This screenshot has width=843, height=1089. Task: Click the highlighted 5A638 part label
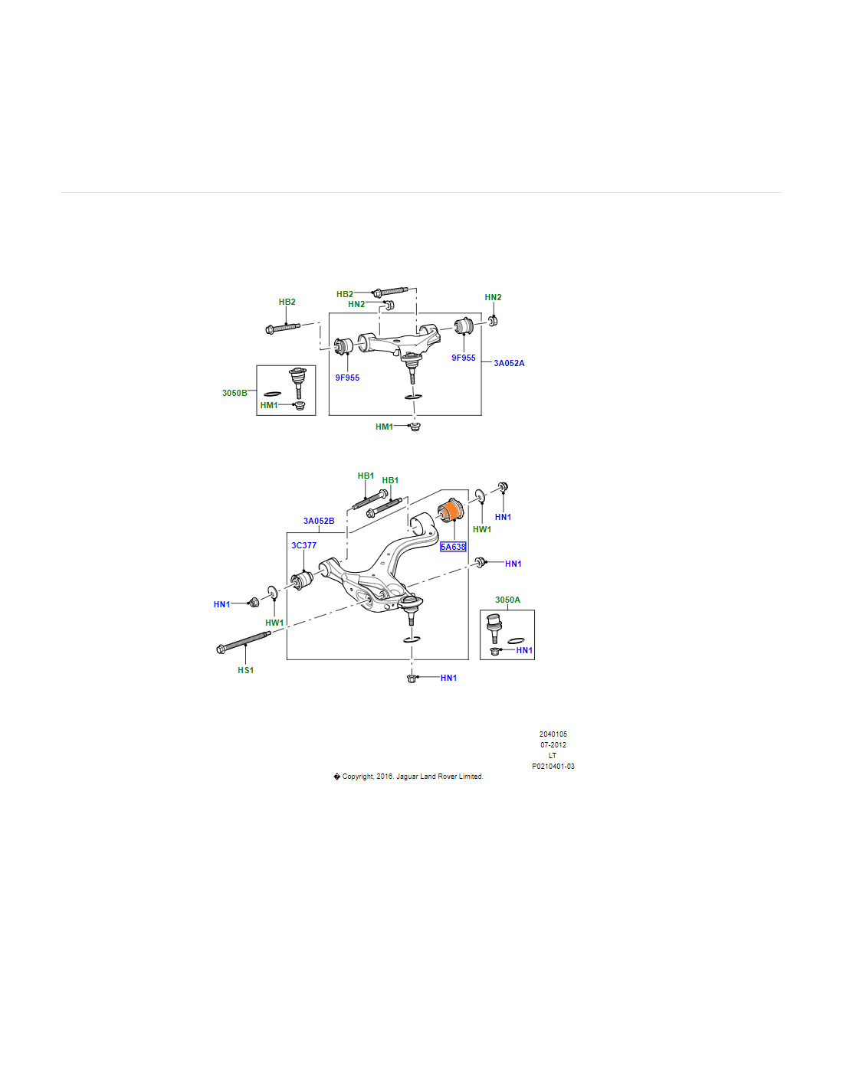[x=453, y=547]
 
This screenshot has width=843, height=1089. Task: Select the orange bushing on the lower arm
[x=452, y=508]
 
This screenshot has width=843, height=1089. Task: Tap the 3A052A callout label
[x=509, y=363]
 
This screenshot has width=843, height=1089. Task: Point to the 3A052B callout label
[x=319, y=521]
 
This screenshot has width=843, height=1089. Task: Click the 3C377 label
[x=303, y=545]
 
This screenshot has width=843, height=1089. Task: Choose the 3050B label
[x=235, y=393]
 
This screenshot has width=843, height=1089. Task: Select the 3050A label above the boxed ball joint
[x=507, y=600]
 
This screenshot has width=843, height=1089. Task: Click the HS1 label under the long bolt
[x=245, y=670]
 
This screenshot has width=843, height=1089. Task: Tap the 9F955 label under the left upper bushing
[x=347, y=378]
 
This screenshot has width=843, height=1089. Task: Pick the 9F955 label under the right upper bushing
[x=464, y=358]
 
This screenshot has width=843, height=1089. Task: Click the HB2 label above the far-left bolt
[x=287, y=302]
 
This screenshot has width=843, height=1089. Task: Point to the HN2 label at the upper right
[x=493, y=297]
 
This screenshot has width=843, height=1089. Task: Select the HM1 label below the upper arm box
[x=384, y=427]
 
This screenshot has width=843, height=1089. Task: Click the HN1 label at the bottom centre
[x=448, y=678]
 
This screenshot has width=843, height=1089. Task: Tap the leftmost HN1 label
[x=221, y=604]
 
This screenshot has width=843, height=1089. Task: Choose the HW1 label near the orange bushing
[x=481, y=529]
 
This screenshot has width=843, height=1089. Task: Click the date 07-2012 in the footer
[x=553, y=744]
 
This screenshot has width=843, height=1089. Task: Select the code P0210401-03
[x=553, y=766]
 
